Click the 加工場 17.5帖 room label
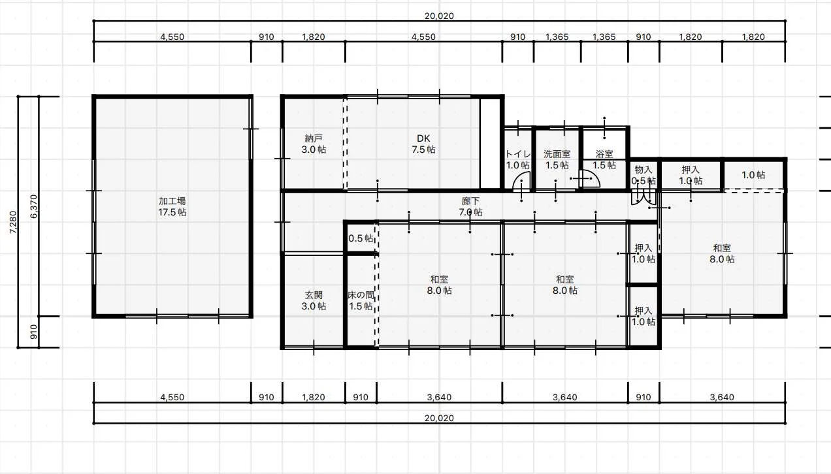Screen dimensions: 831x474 coord(172,206)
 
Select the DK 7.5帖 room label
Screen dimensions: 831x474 coord(423,144)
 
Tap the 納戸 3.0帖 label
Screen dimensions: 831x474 coord(314,144)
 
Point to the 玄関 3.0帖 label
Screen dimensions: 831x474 coord(314,300)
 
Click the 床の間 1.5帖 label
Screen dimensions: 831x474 coord(361,300)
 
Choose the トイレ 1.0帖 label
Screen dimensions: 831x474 coord(518,159)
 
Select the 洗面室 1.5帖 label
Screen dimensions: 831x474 coord(557,159)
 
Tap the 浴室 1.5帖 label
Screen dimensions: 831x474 coord(604,159)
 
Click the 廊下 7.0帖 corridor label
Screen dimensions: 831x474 coord(470,206)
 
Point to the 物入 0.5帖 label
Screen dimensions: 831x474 coord(644,175)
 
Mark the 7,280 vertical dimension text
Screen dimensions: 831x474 coord(13,222)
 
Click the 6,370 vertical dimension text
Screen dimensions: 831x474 coord(34,206)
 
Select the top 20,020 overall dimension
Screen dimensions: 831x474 coord(439,16)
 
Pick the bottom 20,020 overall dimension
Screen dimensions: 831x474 coord(439,418)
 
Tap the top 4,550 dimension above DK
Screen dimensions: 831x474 coord(423,37)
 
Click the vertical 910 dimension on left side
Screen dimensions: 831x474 coord(34,332)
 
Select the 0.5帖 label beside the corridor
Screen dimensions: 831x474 coord(361,238)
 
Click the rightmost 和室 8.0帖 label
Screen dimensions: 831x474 coord(722,253)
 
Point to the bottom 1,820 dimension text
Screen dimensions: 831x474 coord(314,397)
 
